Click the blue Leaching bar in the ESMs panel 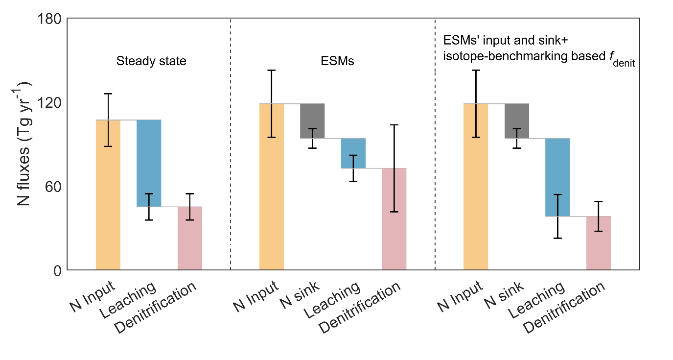353,153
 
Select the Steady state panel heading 151,62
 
